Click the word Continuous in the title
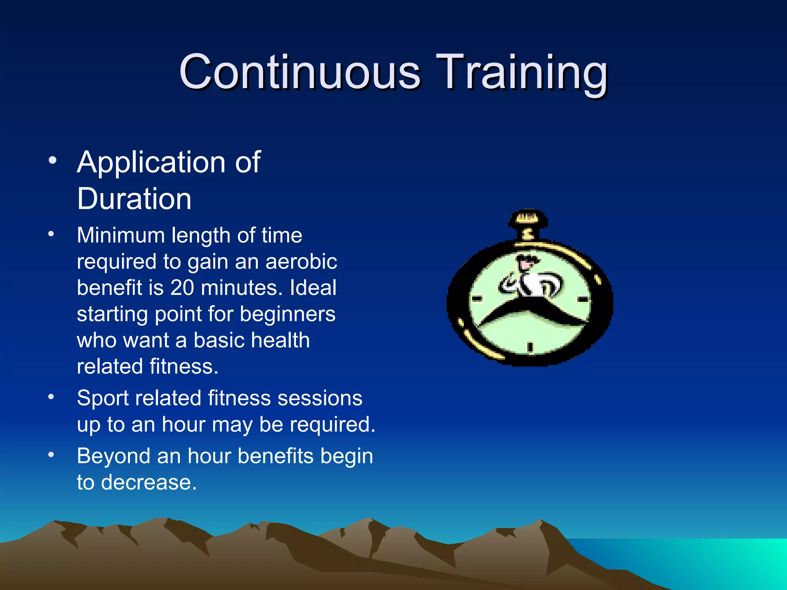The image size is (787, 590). click(x=300, y=72)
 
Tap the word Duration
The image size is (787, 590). click(x=134, y=199)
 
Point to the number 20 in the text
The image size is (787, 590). click(x=182, y=288)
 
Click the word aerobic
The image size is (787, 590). click(x=301, y=262)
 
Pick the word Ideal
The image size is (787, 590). click(x=313, y=288)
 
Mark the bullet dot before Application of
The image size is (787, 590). click(x=53, y=160)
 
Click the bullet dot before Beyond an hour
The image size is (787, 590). click(x=51, y=455)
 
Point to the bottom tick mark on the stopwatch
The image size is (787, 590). click(x=530, y=347)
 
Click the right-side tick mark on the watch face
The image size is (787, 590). click(x=583, y=299)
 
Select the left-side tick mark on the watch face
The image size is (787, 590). click(x=477, y=299)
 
